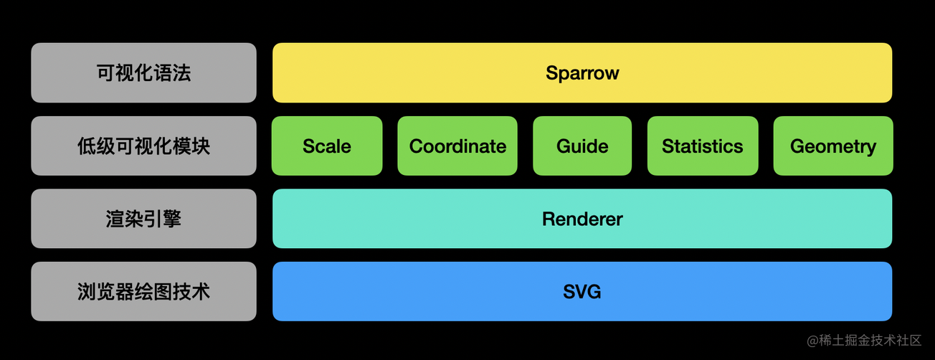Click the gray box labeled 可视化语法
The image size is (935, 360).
pyautogui.click(x=143, y=73)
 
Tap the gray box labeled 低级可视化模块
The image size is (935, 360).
pyautogui.click(x=143, y=146)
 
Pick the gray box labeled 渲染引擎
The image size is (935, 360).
pyautogui.click(x=143, y=219)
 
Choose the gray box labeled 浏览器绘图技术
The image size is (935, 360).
pyautogui.click(x=143, y=291)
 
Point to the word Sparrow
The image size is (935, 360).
pyautogui.click(x=582, y=73)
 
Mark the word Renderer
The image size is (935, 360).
pyautogui.click(x=582, y=219)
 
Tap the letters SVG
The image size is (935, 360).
pyautogui.click(x=582, y=292)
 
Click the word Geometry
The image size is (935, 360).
pyautogui.click(x=833, y=146)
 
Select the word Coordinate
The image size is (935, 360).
pyautogui.click(x=457, y=146)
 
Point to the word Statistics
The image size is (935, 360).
pyautogui.click(x=702, y=146)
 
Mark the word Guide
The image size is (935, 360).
pyautogui.click(x=582, y=146)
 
